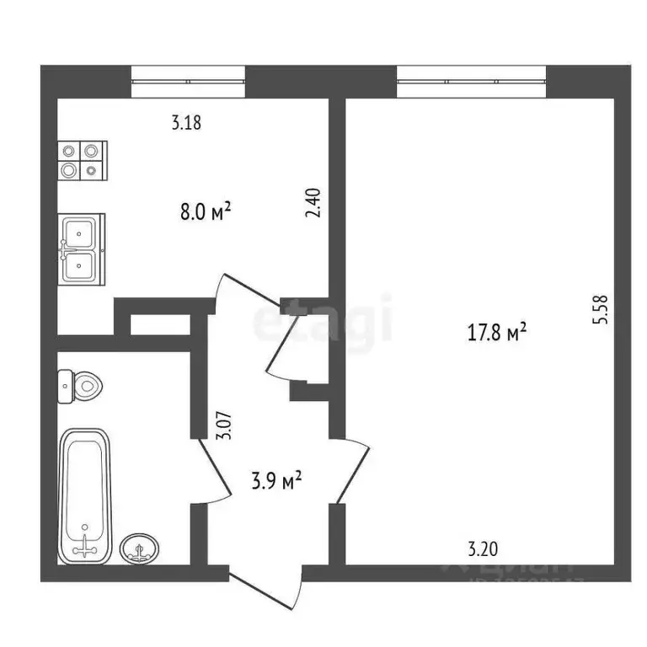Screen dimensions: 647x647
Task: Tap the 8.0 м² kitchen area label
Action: pos(206,211)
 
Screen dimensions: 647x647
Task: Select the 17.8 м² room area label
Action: pos(497,332)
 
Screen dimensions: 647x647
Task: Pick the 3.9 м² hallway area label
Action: pos(277,482)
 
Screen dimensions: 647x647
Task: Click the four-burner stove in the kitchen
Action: pos(81,160)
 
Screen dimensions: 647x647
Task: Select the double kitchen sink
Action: pos(81,247)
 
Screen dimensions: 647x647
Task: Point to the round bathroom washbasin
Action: pos(138,549)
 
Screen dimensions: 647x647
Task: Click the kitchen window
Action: pos(189,82)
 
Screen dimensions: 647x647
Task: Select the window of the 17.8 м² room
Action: pos(472,82)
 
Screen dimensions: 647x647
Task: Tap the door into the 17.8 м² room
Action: pos(354,472)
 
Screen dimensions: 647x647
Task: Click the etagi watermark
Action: pos(323,318)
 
